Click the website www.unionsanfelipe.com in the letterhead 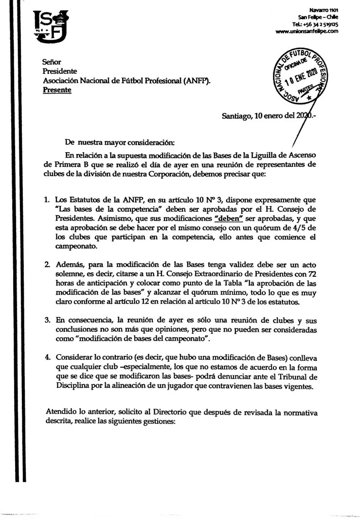point(306,32)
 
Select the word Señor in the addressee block point(52,62)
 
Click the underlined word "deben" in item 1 point(229,218)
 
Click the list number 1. point(47,200)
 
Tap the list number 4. point(47,357)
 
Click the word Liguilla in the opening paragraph point(260,155)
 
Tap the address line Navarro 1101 point(324,10)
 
